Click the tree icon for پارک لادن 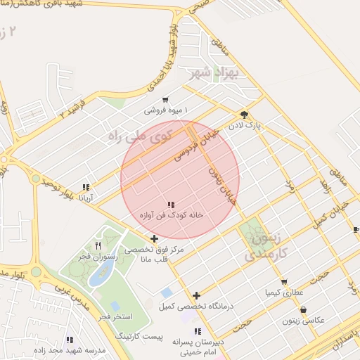pos(244,114)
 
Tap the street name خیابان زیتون pos(221,179)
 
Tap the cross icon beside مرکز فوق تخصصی pos(154,239)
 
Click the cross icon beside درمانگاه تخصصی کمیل pos(196,296)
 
